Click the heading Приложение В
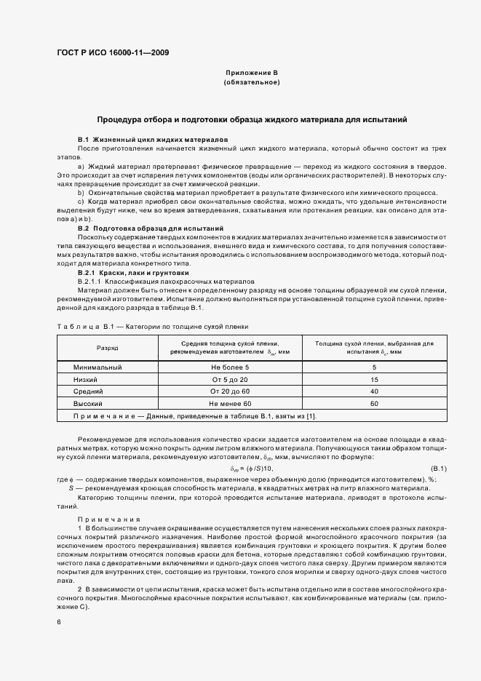(252, 73)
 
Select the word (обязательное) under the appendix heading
(252, 82)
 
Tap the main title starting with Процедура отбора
(252, 119)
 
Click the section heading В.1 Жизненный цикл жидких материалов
(154, 138)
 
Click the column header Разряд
(107, 348)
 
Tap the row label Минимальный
(98, 367)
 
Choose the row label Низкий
(86, 380)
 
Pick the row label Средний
(87, 391)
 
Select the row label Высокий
(88, 403)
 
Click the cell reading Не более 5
(229, 367)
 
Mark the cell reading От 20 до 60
(229, 391)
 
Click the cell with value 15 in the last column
(374, 380)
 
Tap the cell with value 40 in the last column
(374, 391)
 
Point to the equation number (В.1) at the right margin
(439, 469)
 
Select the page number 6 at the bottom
(58, 623)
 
